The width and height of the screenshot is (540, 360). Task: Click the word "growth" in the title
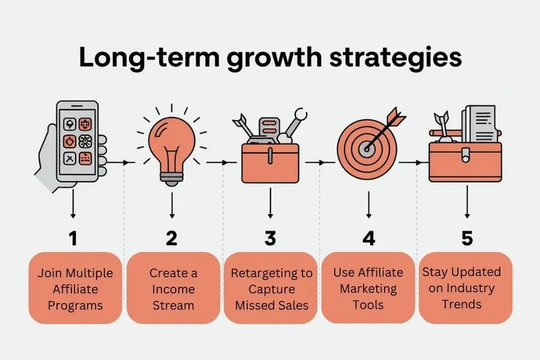pos(274,58)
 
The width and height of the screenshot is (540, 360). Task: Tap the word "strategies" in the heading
pos(395,58)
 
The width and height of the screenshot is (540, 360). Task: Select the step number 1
pos(73,238)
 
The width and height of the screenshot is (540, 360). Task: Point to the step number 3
pos(271,238)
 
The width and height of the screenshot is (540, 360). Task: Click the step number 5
pos(467,238)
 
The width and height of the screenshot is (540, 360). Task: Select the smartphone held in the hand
pos(77,141)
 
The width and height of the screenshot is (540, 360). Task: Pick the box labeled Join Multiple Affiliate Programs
pos(76,288)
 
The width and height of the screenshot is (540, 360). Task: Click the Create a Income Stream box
pos(173,288)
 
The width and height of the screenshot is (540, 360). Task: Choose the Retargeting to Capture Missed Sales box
pos(271,288)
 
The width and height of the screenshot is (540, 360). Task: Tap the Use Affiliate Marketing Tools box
pos(368,288)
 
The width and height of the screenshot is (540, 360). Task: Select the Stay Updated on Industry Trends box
pos(466,288)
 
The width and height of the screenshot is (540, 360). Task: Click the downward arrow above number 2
pos(172,205)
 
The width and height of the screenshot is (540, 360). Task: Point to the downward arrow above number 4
pos(369,205)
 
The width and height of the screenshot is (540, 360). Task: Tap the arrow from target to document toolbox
pos(410,162)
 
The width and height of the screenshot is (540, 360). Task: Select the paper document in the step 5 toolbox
pos(480,124)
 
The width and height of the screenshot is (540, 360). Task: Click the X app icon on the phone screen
pos(70,158)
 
